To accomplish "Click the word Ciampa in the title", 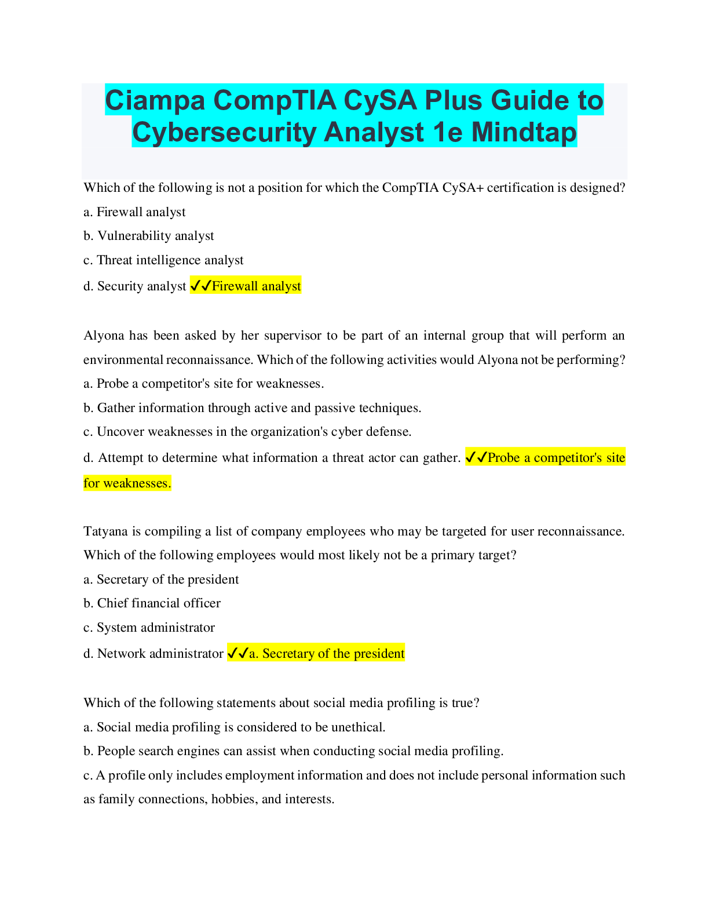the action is pos(155,100).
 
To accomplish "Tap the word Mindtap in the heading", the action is pos(524,132).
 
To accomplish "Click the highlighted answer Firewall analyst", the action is pos(257,286).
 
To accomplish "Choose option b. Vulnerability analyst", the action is pos(149,236).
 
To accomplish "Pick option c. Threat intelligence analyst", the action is pos(163,260).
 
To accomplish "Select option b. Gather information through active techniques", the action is pos(253,407).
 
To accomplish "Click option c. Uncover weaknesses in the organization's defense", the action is pos(247,432).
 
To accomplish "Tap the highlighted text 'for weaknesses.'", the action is pos(127,483).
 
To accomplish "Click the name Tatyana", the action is pos(105,531).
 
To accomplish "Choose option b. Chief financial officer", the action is pos(152,603).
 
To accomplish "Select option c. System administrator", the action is pos(149,627).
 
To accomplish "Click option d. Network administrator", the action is pos(154,654).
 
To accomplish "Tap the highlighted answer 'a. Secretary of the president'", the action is pos(327,654).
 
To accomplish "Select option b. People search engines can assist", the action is pos(294,751).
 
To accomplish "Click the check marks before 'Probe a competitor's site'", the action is pos(476,457).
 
